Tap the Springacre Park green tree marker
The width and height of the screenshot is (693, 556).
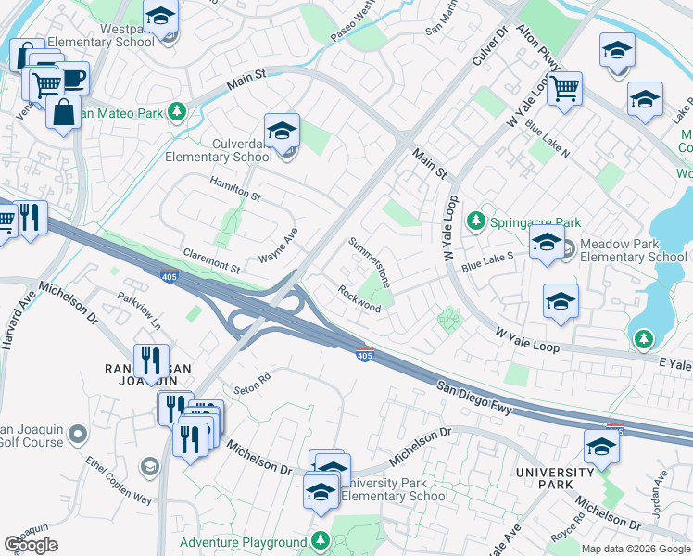click(x=476, y=221)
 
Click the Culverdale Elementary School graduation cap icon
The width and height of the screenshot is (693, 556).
click(x=282, y=132)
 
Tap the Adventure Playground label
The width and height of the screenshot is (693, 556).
click(x=243, y=542)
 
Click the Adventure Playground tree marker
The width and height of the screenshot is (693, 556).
click(x=320, y=539)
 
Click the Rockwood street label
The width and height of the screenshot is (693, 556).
click(x=359, y=298)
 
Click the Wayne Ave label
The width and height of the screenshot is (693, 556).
click(x=278, y=246)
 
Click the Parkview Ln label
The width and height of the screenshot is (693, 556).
click(x=138, y=311)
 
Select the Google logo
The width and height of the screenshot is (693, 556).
click(x=31, y=545)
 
